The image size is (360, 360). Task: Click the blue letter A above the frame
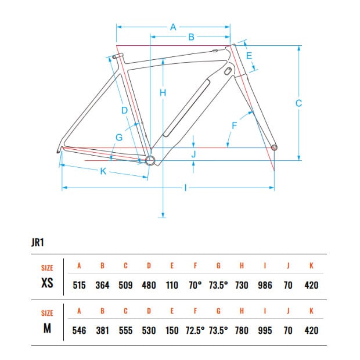173,27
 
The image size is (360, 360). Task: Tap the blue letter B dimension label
191,37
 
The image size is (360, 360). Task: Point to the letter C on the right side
298,103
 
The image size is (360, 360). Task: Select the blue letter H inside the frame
163,93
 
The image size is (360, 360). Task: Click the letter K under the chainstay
103,171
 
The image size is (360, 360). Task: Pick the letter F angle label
234,125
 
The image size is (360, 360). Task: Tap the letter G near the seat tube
119,137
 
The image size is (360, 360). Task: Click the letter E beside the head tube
249,56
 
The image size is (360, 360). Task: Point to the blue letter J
193,154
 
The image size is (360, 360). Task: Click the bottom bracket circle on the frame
150,160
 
